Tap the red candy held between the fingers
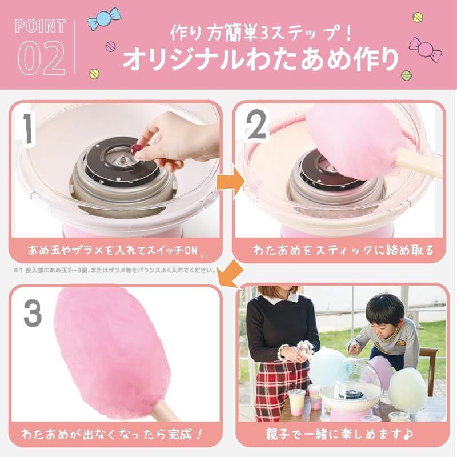136,149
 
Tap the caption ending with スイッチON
113,249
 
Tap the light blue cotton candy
330,366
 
